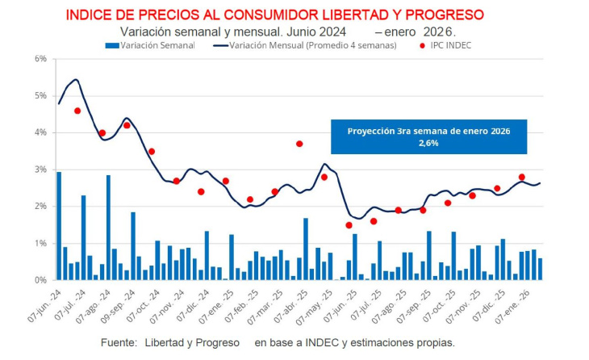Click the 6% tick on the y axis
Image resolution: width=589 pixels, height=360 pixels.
[x=40, y=59]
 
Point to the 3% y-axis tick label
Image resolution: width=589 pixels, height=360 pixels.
[x=40, y=170]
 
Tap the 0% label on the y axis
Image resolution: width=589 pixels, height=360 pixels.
[x=40, y=280]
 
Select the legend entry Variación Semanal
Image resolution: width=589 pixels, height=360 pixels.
[x=157, y=45]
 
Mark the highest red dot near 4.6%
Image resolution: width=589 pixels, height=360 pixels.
[x=77, y=111]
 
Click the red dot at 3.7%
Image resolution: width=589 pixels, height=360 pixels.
[x=299, y=144]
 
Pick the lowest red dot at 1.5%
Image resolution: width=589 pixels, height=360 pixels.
[x=349, y=225]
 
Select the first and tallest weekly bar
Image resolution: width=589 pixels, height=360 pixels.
[x=59, y=226]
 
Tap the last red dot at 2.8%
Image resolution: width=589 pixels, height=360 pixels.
[x=522, y=177]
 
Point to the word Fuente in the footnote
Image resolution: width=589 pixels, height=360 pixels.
[x=119, y=342]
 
